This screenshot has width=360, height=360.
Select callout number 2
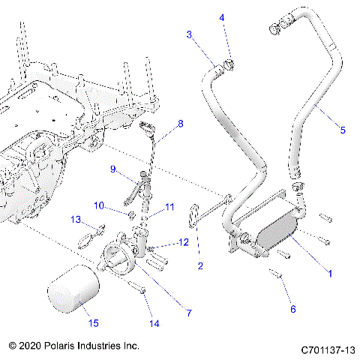point(200,265)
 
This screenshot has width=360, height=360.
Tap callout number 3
point(189,34)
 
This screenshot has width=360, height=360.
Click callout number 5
point(343,130)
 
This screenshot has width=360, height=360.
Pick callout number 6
point(292,309)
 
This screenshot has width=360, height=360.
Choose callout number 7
point(189,313)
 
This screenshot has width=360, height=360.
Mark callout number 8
point(179,123)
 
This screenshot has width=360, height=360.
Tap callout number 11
point(169,206)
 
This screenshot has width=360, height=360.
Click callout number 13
point(75,219)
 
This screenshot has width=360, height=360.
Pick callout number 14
point(154,324)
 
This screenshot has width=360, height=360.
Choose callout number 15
point(94,323)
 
